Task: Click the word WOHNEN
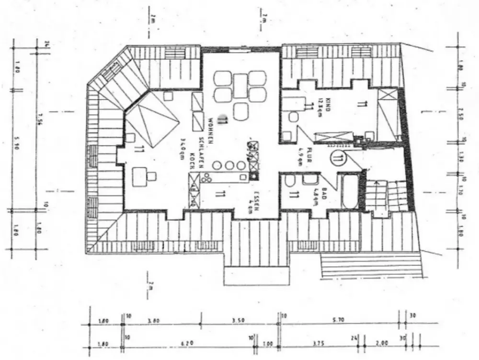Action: (211, 127)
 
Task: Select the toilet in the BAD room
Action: (290, 182)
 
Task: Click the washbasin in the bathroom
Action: (309, 180)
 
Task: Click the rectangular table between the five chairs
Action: (240, 86)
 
